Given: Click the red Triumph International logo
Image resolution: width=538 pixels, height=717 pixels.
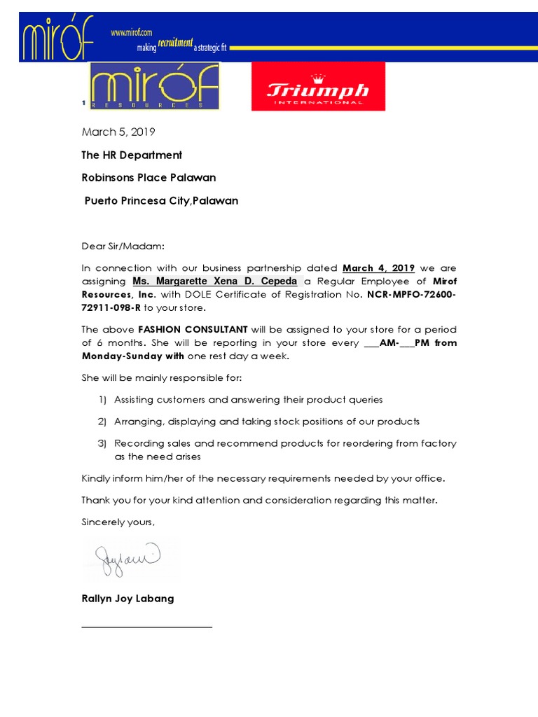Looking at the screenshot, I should tap(318, 86).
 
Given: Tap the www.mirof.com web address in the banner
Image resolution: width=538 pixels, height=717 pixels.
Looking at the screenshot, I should tap(131, 32).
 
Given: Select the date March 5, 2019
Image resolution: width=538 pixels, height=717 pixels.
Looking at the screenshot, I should tap(118, 132).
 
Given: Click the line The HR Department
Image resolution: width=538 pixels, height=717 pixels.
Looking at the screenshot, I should tap(132, 155).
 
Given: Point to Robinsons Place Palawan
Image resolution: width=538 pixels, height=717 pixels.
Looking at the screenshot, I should tap(149, 177).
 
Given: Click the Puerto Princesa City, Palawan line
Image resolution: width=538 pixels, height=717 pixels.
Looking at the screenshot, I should tap(161, 201).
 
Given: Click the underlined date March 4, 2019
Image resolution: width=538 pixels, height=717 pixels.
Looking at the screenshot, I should tap(378, 268).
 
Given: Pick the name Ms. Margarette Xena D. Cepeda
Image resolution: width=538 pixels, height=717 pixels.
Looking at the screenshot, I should tap(214, 281).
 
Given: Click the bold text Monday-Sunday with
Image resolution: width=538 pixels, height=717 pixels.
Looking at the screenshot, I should tap(133, 356).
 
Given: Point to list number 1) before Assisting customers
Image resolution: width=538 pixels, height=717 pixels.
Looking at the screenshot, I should tap(102, 400).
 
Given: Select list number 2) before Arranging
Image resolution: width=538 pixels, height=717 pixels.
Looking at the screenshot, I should tap(102, 422).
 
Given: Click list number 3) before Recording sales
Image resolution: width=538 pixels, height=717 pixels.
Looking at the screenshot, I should tap(102, 443).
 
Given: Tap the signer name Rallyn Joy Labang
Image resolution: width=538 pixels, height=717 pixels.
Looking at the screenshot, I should tap(127, 599).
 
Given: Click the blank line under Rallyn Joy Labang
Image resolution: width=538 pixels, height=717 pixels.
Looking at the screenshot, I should tap(147, 627).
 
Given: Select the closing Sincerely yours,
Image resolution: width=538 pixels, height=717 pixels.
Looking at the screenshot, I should tap(118, 522).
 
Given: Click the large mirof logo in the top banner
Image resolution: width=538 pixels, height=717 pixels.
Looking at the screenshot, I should tap(57, 39).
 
